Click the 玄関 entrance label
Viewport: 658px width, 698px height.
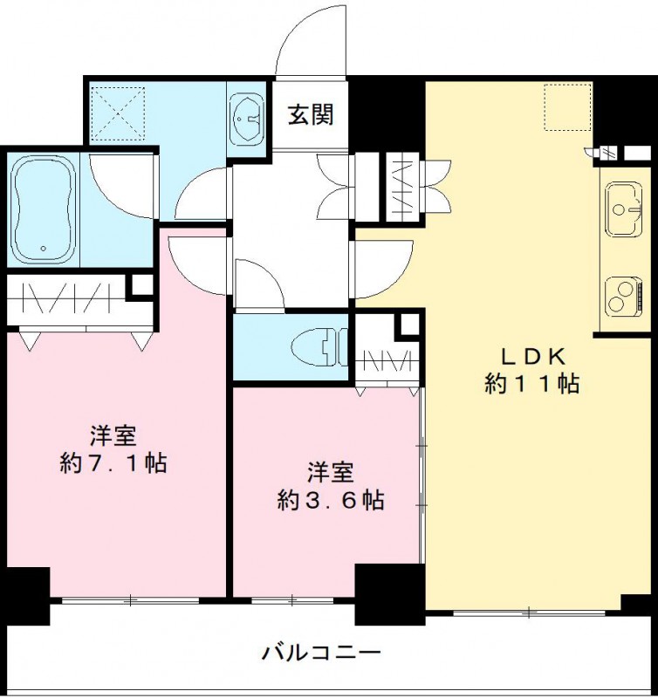coord(311,114)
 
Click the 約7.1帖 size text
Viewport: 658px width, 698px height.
coord(113,463)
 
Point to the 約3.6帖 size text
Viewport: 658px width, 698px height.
coord(331,501)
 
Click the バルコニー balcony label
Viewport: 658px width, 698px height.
coord(320,652)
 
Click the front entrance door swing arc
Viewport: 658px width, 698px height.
coord(310,39)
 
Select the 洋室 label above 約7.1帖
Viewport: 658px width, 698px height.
coord(113,435)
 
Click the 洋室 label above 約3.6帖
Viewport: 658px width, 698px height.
coord(331,473)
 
